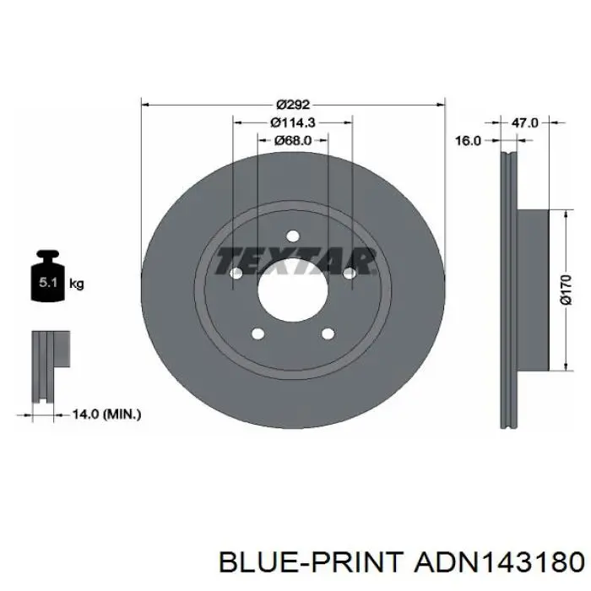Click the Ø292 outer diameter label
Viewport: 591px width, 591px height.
coord(292,105)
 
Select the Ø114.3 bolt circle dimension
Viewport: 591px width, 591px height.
coord(293,122)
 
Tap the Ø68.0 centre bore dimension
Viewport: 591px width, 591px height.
coord(293,141)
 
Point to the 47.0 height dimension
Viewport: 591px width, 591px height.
coord(524,122)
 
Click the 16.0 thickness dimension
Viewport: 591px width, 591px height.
coord(468,141)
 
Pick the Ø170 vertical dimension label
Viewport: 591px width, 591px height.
coord(566,290)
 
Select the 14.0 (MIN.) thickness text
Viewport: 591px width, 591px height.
coord(106,415)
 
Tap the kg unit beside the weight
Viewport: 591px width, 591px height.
coord(77,284)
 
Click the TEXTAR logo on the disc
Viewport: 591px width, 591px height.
coord(295,260)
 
